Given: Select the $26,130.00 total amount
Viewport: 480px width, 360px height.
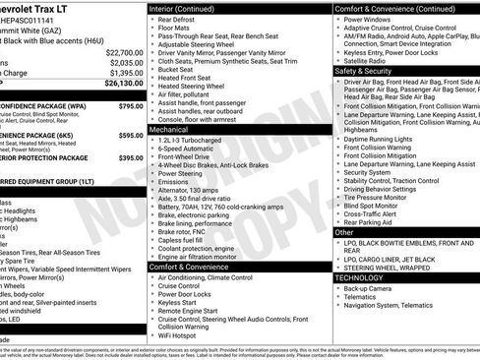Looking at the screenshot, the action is click(124, 84).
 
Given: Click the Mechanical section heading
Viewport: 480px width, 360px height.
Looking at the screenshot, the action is click(170, 128).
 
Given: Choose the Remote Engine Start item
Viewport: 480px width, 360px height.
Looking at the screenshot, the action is click(191, 311).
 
